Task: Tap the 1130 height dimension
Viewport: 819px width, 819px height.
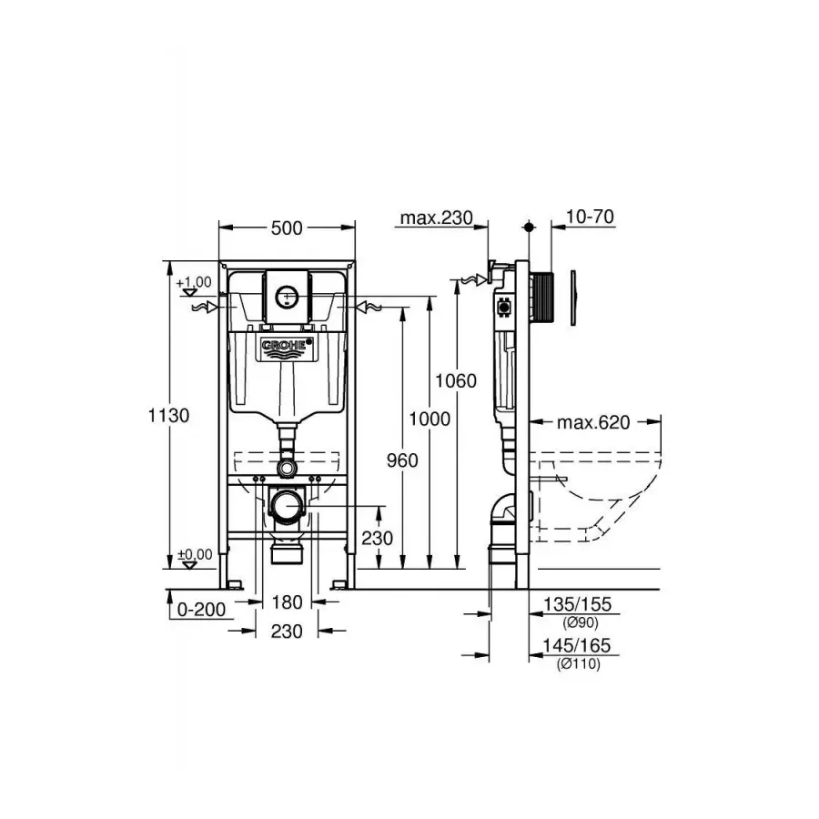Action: pyautogui.click(x=170, y=415)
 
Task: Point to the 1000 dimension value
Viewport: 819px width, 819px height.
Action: pyautogui.click(x=430, y=419)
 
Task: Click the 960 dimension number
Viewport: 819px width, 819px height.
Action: pyautogui.click(x=400, y=460)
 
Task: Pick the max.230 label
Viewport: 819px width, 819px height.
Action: pyautogui.click(x=437, y=217)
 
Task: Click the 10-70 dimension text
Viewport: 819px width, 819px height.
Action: pyautogui.click(x=591, y=217)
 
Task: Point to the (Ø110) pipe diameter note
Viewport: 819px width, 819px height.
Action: pyautogui.click(x=578, y=663)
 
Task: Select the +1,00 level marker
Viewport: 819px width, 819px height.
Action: pyautogui.click(x=194, y=283)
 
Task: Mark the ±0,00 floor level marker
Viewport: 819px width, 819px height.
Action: pyautogui.click(x=194, y=554)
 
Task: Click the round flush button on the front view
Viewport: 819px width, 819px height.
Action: pyautogui.click(x=287, y=296)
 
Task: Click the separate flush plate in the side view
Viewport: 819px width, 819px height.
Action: pyautogui.click(x=575, y=298)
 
